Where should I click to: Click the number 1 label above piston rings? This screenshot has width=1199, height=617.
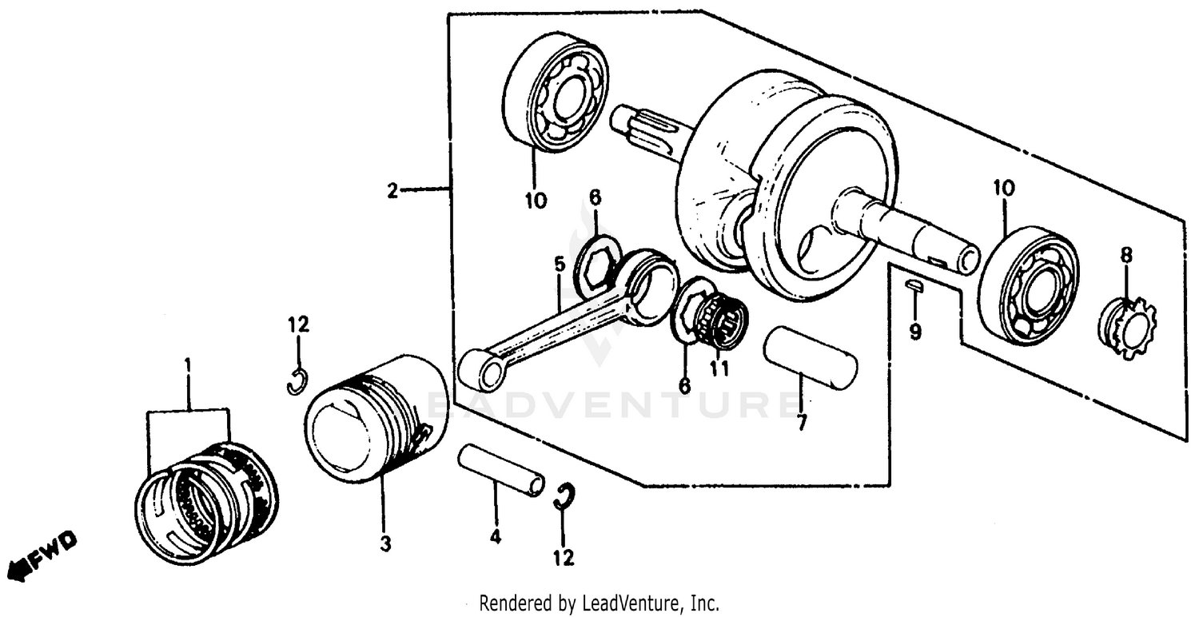coord(188,365)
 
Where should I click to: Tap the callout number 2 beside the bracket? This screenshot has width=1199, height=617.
coord(392,190)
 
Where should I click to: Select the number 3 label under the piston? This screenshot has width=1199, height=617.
coord(385,544)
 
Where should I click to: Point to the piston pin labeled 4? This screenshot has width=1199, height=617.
coord(501,472)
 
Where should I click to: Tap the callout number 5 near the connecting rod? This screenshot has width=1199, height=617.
coord(559,264)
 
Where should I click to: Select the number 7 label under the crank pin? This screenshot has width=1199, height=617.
coord(802,423)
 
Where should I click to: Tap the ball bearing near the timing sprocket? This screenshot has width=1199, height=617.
coord(1028,286)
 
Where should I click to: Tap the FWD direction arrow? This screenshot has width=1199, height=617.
coord(42,556)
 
